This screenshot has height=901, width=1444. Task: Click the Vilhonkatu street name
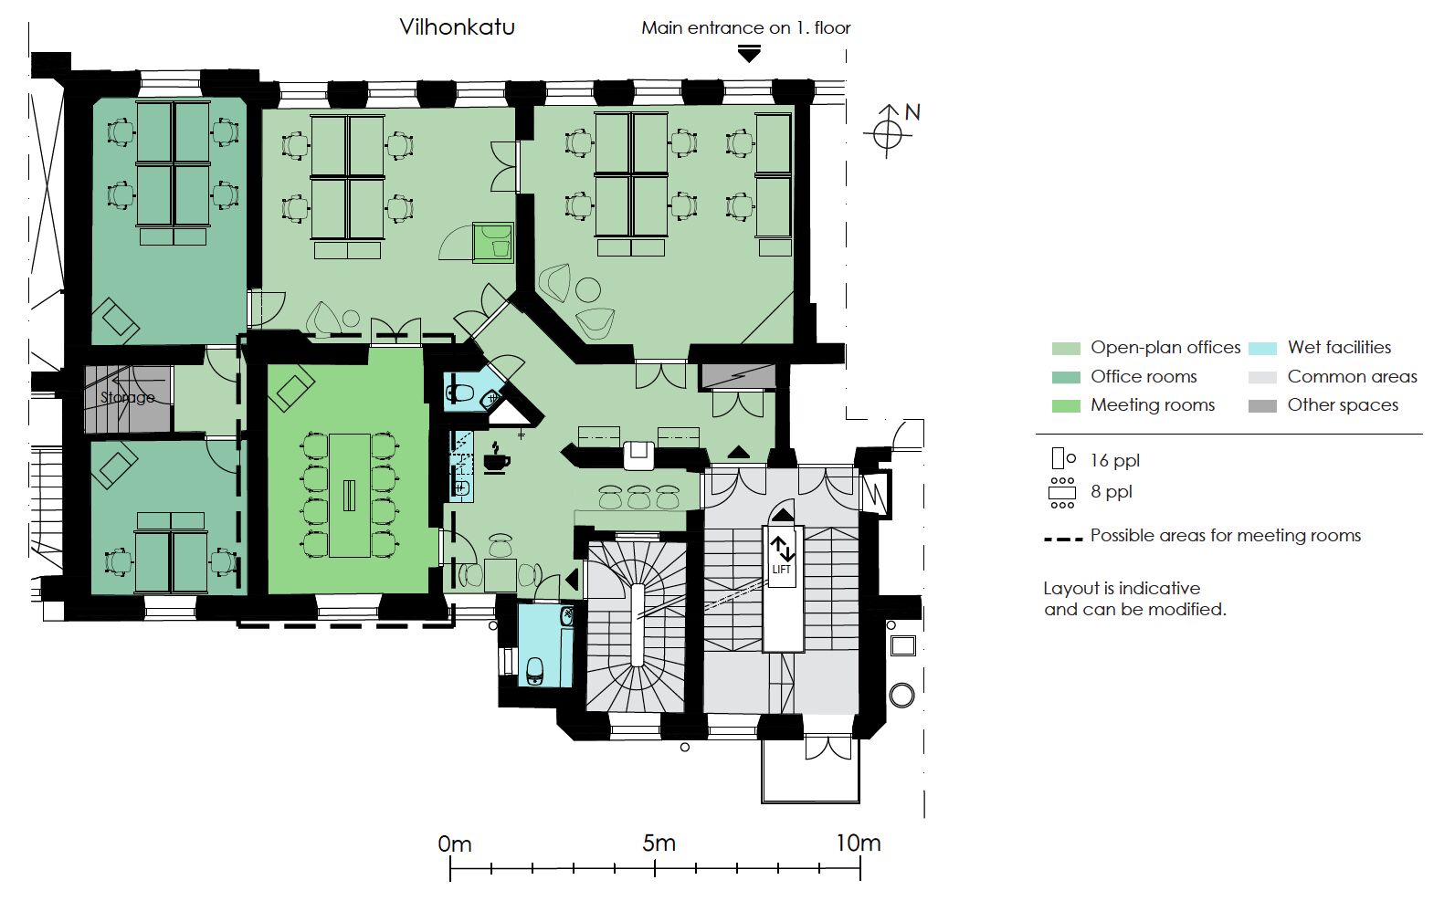[x=457, y=26]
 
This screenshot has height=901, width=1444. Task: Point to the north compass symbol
[x=888, y=133]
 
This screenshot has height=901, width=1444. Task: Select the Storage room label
[x=127, y=397]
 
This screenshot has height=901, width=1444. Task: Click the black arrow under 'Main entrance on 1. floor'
[x=749, y=55]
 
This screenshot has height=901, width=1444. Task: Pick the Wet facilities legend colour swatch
[x=1262, y=348]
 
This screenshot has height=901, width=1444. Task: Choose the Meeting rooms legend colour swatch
[x=1066, y=405]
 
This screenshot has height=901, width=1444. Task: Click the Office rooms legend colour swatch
[x=1066, y=377]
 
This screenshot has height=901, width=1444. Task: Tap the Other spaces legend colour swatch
[x=1262, y=405]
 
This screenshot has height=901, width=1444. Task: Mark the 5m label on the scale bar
[x=659, y=843]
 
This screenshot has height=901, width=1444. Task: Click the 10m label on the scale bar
[x=859, y=843]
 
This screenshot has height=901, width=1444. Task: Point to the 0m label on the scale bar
[x=455, y=844]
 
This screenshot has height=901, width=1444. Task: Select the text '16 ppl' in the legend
[x=1115, y=461]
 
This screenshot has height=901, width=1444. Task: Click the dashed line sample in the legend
[x=1063, y=538]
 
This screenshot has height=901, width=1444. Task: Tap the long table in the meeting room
[x=350, y=495]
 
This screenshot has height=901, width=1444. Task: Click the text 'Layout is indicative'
[x=1122, y=589]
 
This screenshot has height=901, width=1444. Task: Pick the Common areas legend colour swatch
[x=1262, y=377]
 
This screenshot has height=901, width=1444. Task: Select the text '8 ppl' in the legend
[x=1112, y=492]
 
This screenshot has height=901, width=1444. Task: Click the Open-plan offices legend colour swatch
[x=1066, y=348]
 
